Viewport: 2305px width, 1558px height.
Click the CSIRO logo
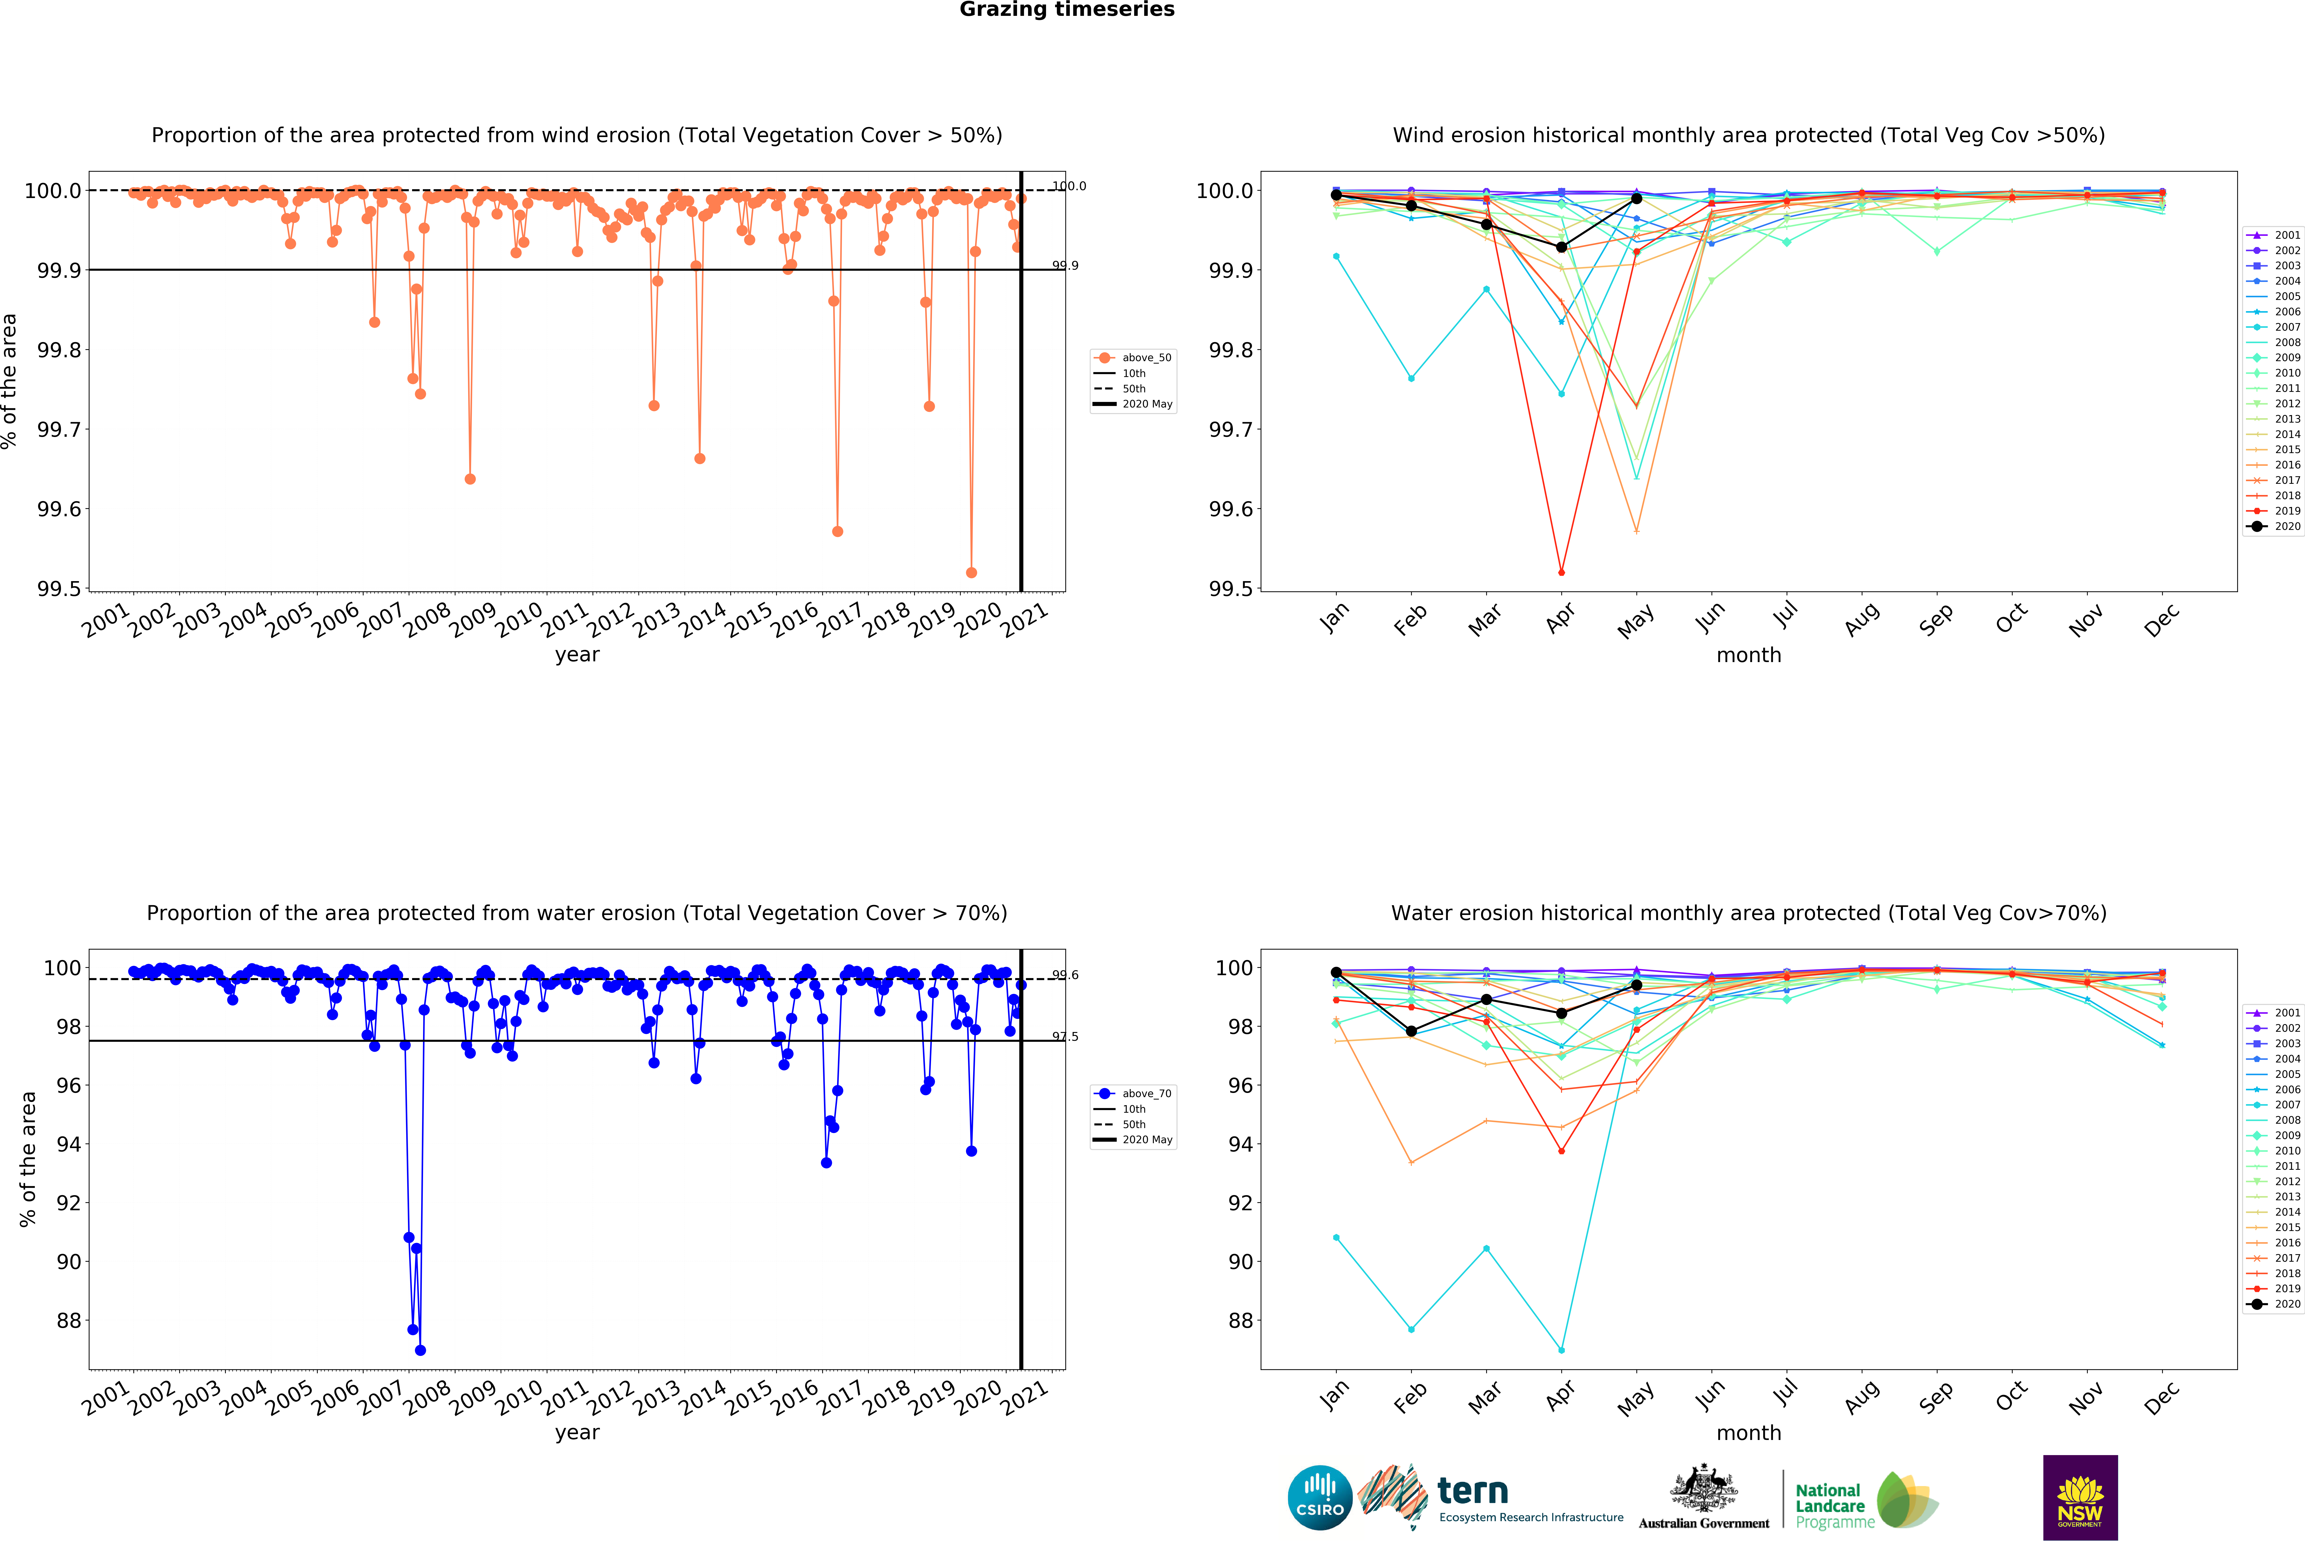(1319, 1498)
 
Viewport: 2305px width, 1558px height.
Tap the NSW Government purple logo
(2080, 1498)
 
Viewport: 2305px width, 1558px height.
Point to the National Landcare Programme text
(1830, 1505)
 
